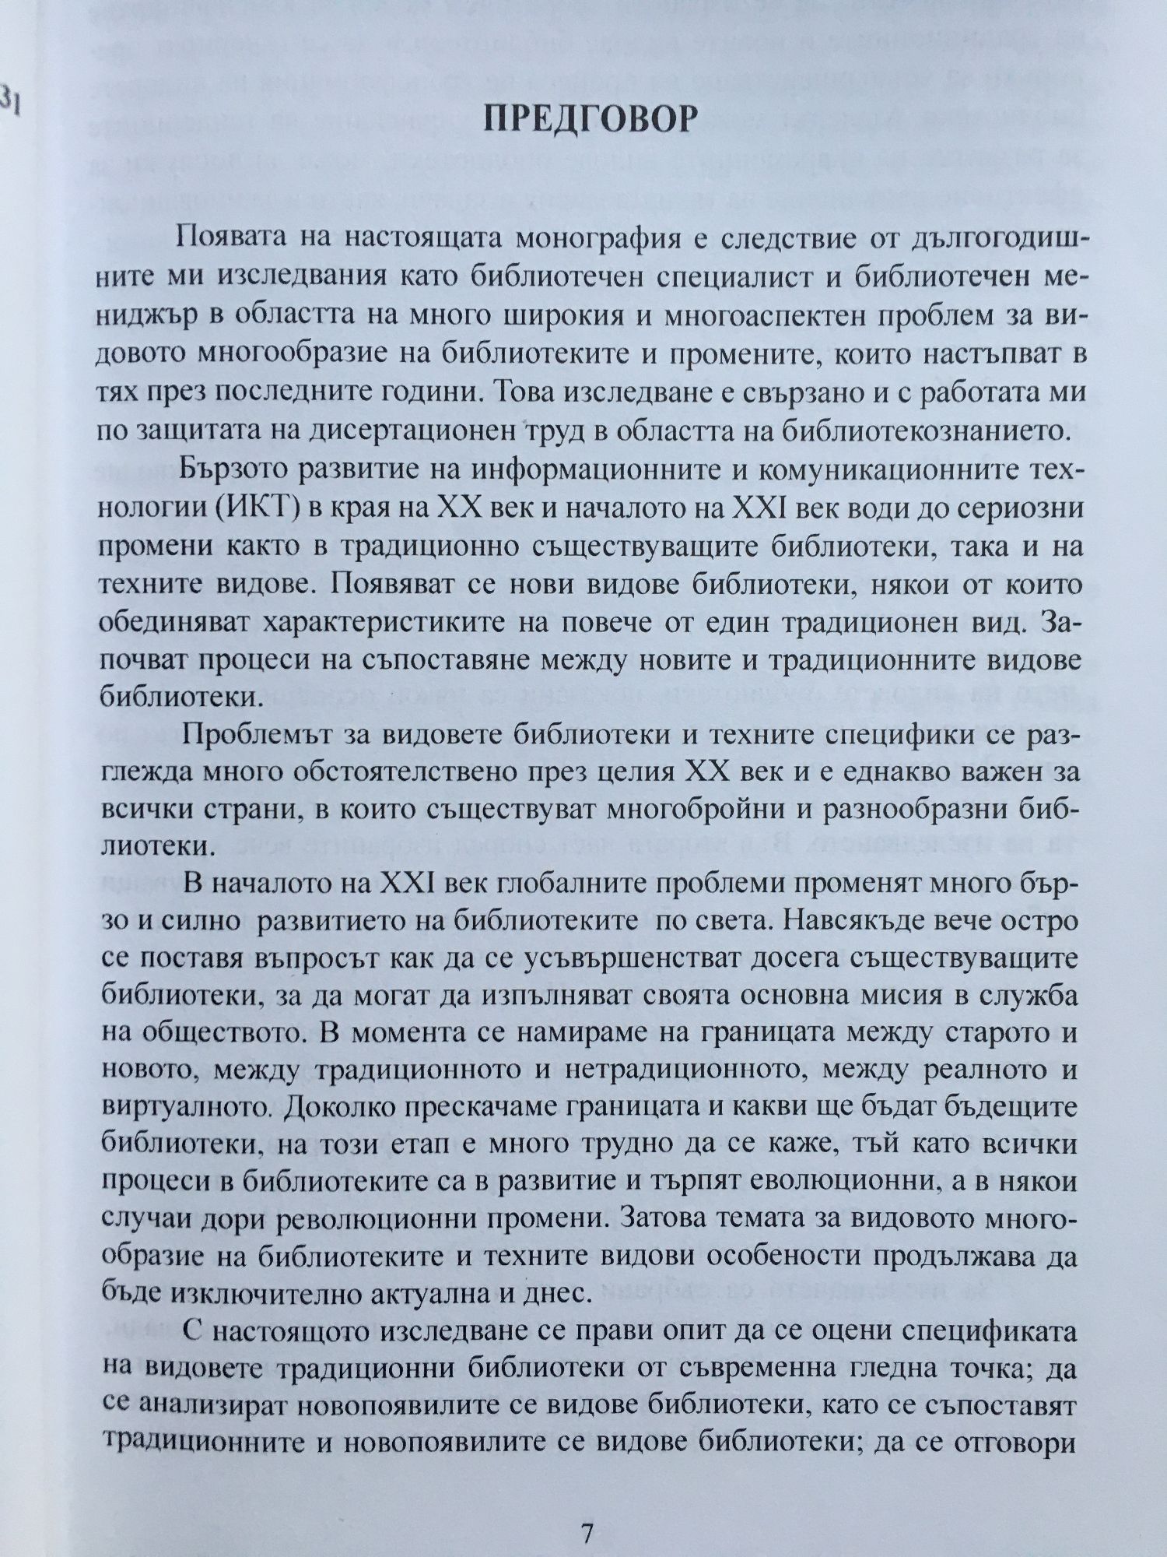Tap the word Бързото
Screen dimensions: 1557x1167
[x=237, y=469]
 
